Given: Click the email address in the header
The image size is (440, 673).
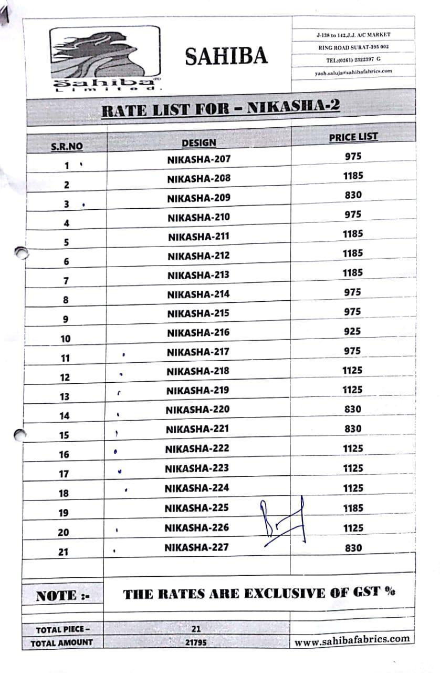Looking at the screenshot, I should tap(353, 72).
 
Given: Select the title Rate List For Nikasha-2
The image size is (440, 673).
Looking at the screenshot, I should tap(220, 108).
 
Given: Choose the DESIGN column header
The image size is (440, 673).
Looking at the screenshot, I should tap(198, 142).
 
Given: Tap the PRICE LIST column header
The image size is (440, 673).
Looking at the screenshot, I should tap(353, 138).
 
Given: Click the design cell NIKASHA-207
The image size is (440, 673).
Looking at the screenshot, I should tap(198, 159).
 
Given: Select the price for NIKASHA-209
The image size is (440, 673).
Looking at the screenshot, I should tap(353, 195).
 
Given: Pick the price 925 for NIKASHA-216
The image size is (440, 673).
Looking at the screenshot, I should tap(352, 331).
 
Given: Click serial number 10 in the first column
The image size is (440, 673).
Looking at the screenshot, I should tap(65, 339).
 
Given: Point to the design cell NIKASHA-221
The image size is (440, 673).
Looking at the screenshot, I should tap(197, 429).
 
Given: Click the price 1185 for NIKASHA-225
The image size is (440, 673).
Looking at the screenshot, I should tap(353, 508).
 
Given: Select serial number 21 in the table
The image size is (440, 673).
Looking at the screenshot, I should tap(64, 552).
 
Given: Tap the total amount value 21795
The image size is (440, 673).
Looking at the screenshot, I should tap(196, 642).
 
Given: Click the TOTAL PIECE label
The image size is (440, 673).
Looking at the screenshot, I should tap(63, 629).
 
